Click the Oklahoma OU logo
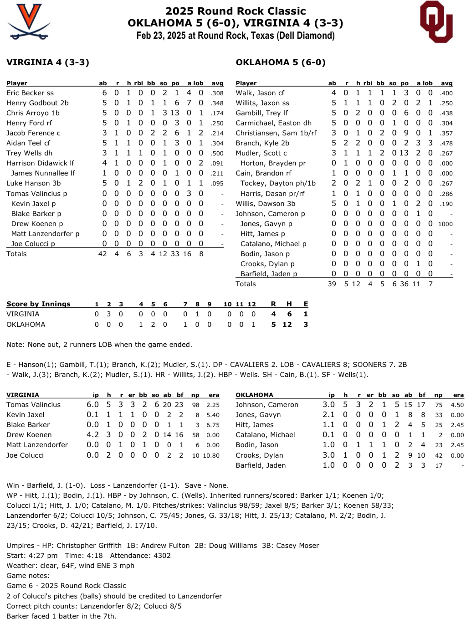pos(436,21)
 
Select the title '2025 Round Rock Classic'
pos(235,11)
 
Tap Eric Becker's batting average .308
pos(217,93)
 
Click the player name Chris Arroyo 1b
pos(33,113)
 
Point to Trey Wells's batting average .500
pos(217,153)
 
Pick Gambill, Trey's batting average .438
pos(446,113)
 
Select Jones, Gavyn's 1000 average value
pos(445,224)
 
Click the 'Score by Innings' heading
pos(38,304)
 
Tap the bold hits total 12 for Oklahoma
pos(287,325)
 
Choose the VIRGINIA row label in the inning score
pos(23,314)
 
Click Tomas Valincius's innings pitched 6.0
pos(92,405)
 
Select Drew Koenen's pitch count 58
pos(195,435)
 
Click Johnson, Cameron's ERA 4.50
pos(457,405)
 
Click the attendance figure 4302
pos(162,556)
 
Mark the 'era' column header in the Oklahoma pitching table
pos(458,395)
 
